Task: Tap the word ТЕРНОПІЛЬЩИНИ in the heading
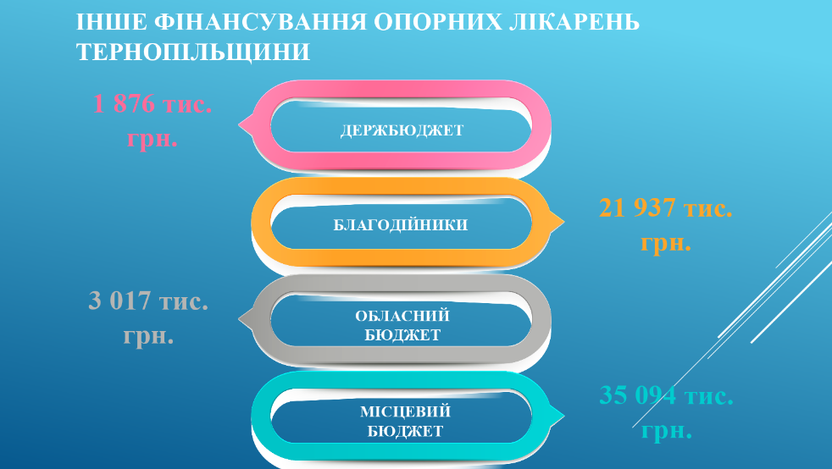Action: point(193,52)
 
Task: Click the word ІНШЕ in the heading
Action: point(112,22)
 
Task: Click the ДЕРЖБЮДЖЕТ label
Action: point(402,130)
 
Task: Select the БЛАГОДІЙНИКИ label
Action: point(401,224)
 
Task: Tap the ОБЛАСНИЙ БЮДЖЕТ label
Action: point(402,325)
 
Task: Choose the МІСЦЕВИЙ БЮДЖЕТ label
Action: point(405,422)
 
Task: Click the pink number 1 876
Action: point(124,103)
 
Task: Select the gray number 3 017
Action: point(119,301)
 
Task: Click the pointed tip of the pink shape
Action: point(239,125)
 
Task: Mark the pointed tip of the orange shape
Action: point(564,222)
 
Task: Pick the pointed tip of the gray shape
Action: point(239,319)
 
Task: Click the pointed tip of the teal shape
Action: point(564,416)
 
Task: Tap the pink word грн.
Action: point(153,139)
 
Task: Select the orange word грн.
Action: point(666,243)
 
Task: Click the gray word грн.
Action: point(148,336)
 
